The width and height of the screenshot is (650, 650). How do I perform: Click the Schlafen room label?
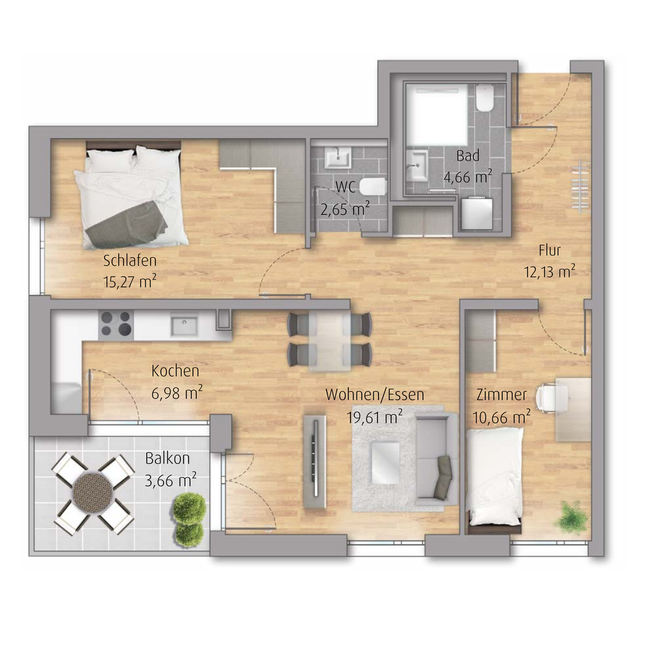pyautogui.click(x=130, y=261)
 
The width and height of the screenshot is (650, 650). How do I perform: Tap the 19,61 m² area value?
pyautogui.click(x=374, y=418)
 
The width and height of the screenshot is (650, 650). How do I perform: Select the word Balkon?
pyautogui.click(x=167, y=458)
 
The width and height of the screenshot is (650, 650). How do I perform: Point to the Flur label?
pyautogui.click(x=549, y=250)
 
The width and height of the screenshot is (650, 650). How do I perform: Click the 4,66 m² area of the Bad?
pyautogui.click(x=467, y=177)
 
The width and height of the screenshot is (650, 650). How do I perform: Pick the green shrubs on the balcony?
pyautogui.click(x=189, y=520)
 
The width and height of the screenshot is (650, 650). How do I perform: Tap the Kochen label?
pyautogui.click(x=175, y=371)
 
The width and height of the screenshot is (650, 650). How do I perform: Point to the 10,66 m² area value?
pyautogui.click(x=501, y=418)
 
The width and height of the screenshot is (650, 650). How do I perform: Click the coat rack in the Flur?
pyautogui.click(x=582, y=186)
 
